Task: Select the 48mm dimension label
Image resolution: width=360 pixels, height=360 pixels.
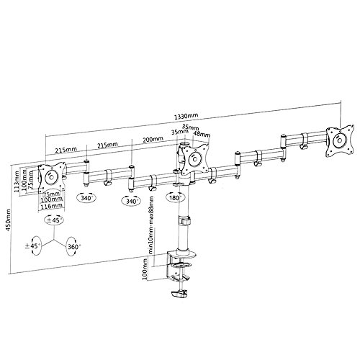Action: click(202, 133)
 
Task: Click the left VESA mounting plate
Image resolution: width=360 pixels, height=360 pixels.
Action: click(51, 175)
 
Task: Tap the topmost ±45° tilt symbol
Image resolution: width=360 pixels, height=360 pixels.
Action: click(56, 217)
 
